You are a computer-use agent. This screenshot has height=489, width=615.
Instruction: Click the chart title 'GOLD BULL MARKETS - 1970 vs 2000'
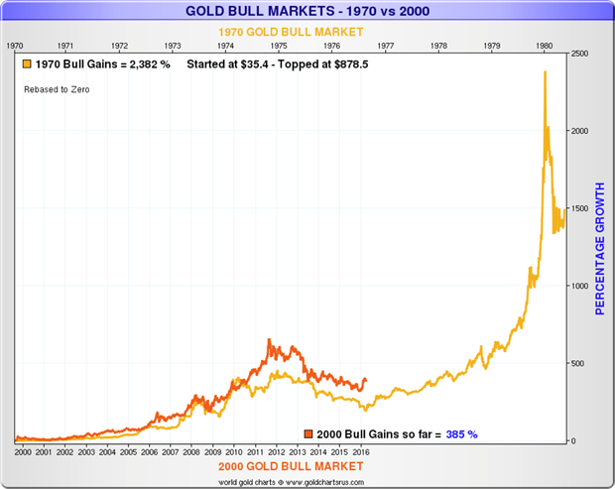point(307,12)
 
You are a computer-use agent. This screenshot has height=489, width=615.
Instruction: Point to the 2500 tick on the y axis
point(581,54)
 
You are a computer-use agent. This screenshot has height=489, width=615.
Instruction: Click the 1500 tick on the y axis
point(581,208)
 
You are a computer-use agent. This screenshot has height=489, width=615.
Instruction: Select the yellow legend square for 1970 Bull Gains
point(29,64)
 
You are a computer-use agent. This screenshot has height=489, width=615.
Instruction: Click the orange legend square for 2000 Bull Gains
point(308,433)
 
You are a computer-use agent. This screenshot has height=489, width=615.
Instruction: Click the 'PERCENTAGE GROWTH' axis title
point(598,248)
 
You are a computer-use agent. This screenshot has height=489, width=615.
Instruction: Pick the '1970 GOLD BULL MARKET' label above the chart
point(287,31)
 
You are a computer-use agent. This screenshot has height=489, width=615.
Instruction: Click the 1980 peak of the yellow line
point(544,72)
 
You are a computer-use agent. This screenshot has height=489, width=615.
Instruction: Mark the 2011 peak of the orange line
point(269,340)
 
